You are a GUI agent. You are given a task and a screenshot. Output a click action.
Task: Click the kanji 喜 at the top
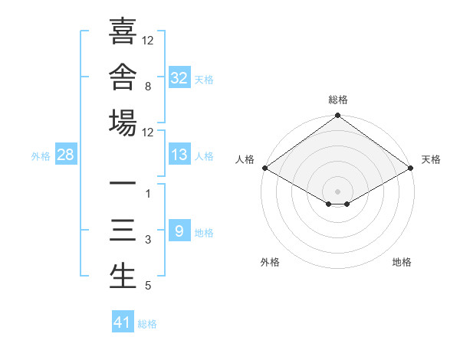tap(123, 31)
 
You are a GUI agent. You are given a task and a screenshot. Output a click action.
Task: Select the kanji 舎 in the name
tap(123, 77)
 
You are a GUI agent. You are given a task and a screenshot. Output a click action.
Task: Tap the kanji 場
tap(123, 123)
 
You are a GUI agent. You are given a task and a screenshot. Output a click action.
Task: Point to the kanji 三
tap(123, 230)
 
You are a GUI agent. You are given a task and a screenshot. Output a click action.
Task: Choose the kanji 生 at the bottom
tap(123, 276)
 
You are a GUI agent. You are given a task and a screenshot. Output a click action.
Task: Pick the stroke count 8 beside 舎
tap(148, 87)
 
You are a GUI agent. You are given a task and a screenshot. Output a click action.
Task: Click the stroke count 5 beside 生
tap(148, 285)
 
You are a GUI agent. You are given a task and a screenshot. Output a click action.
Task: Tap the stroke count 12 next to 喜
tap(147, 40)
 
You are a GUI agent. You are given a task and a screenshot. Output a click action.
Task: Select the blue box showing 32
tap(179, 77)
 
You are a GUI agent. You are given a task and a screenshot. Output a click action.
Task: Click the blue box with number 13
tap(179, 154)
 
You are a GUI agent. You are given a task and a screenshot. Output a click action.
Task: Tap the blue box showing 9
tap(179, 230)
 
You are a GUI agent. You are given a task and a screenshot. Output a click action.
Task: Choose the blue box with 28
tap(66, 154)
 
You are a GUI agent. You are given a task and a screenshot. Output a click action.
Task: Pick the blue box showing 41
tap(123, 321)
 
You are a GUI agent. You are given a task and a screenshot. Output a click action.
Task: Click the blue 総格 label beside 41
tap(147, 324)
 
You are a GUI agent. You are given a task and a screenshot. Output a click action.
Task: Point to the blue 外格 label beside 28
tap(41, 156)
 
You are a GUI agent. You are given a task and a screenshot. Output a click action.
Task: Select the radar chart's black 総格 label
tap(338, 100)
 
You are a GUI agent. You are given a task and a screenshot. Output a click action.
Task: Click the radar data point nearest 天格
tap(411, 168)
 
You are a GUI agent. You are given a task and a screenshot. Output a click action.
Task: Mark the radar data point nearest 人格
tap(265, 168)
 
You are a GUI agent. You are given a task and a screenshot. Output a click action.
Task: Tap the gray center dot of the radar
tap(337, 191)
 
